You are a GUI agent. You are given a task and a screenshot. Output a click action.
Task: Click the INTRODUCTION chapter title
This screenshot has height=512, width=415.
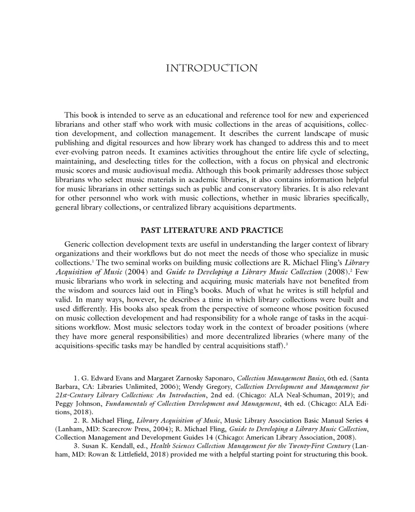click(212, 69)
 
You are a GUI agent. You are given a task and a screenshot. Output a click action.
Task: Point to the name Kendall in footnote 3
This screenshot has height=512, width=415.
click(119, 447)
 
